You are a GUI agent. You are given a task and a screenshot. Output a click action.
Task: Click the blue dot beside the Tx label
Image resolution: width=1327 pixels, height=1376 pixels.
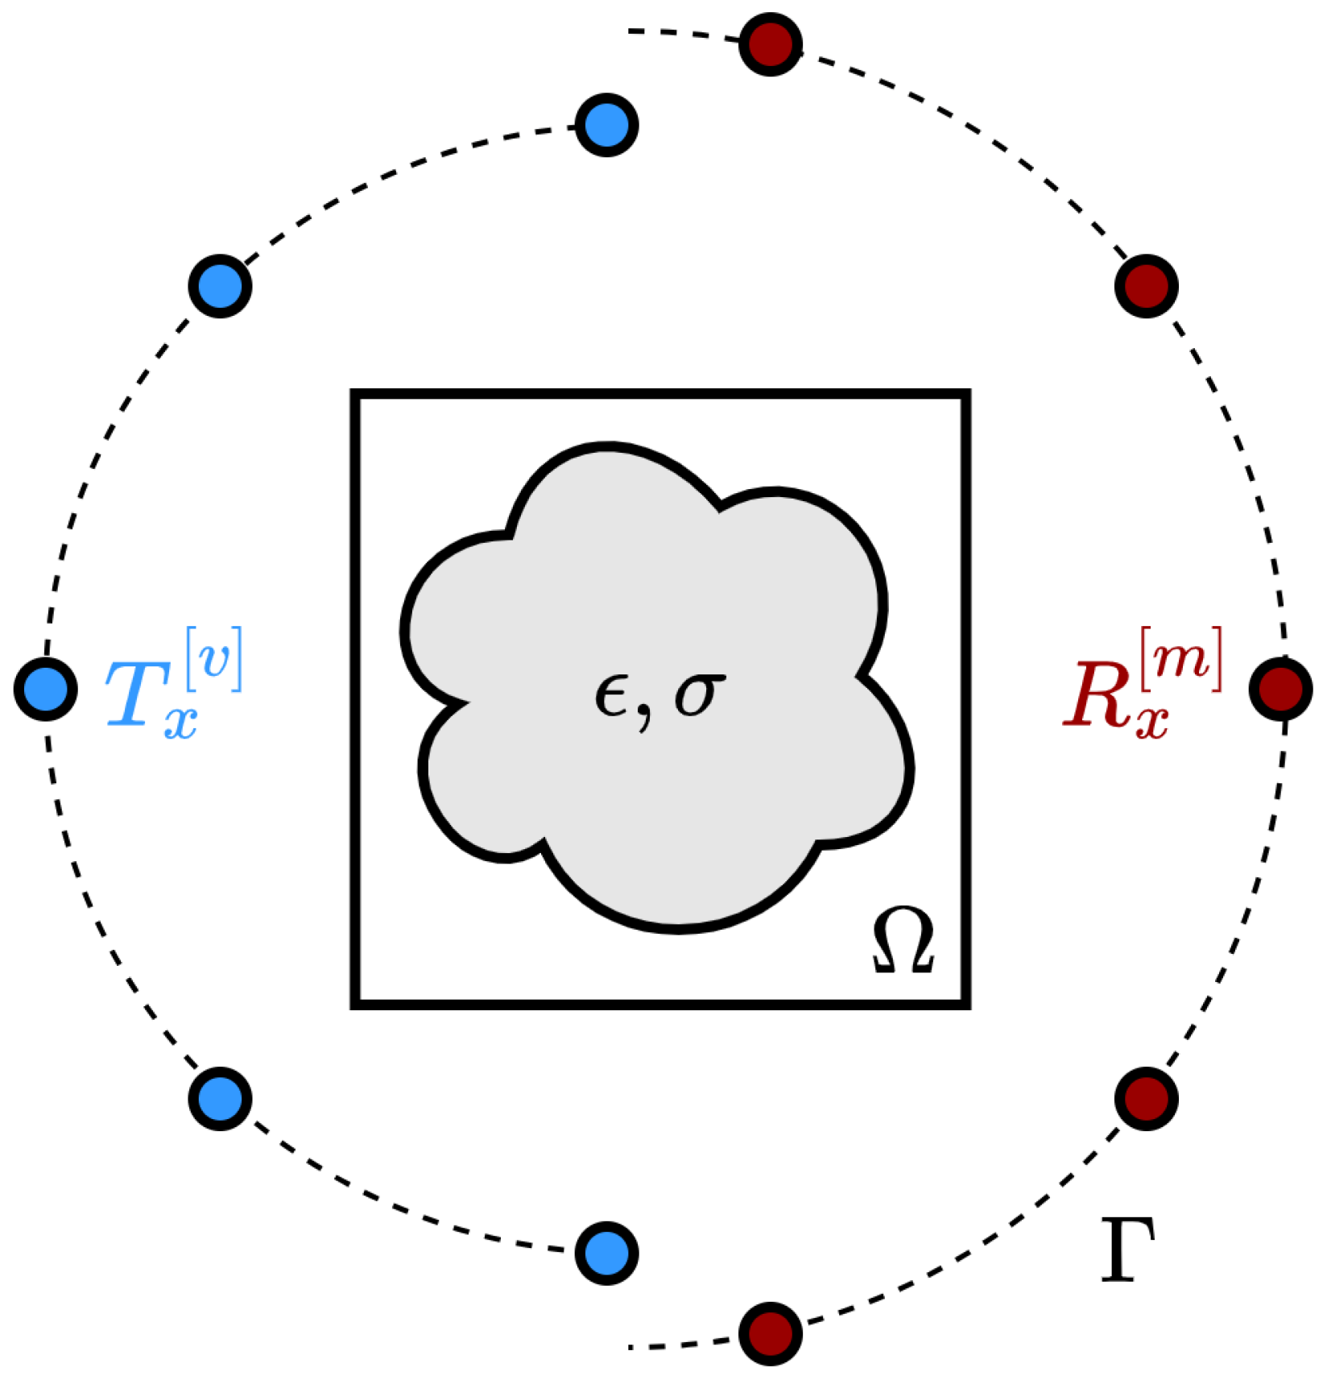(46, 690)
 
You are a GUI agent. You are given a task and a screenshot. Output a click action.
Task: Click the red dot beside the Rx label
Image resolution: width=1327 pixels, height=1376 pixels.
(1280, 690)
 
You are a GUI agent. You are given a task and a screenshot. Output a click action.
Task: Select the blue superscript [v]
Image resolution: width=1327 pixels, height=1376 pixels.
(214, 659)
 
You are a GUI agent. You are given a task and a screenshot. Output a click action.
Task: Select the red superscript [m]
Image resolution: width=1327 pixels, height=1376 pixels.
(1181, 659)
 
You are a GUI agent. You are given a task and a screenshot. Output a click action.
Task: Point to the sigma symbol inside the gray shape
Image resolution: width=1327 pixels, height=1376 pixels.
(699, 694)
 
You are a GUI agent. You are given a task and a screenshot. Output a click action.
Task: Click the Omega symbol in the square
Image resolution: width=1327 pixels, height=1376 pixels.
(903, 940)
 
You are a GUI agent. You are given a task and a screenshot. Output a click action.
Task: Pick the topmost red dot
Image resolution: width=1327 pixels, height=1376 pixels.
(771, 44)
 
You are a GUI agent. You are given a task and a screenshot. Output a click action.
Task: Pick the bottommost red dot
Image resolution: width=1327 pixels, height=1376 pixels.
(771, 1333)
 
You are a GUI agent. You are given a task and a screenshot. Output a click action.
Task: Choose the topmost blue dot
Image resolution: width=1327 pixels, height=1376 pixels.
(607, 125)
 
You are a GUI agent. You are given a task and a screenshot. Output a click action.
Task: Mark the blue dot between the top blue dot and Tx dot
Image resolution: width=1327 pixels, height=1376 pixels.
(220, 286)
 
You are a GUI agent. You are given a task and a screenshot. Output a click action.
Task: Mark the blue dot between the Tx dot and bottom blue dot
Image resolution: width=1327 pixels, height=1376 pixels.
(220, 1098)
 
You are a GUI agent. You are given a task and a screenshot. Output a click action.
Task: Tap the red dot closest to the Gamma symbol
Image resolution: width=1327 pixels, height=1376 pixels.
(1147, 1098)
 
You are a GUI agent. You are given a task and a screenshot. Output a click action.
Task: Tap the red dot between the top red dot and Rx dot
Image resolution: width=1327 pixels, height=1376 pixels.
(1147, 286)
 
